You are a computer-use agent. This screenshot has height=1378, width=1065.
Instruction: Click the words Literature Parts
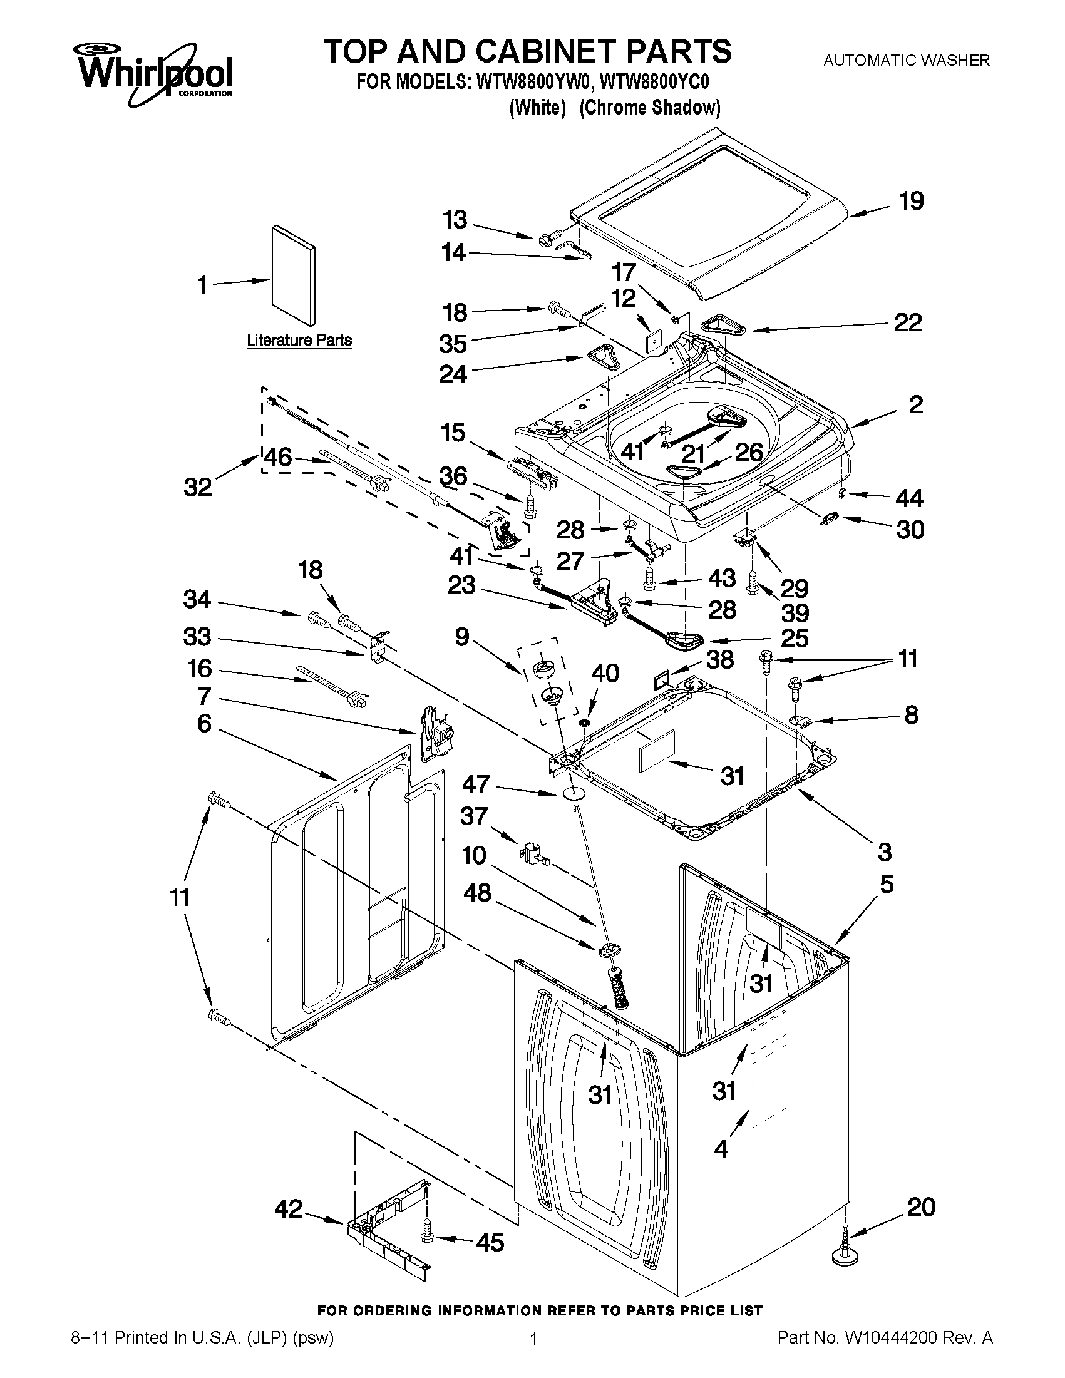pos(299,341)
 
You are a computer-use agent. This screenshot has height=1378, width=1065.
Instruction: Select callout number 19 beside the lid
pos(911,201)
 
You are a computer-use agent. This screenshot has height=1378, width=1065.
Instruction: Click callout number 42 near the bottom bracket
pos(289,1210)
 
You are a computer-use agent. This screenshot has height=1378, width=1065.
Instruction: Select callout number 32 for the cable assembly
pos(198,487)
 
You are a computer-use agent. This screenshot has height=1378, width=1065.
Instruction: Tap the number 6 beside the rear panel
pos(203,724)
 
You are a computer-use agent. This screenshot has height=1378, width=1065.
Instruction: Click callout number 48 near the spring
pos(477,893)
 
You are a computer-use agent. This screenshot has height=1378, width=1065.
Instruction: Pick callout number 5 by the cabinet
pos(887,885)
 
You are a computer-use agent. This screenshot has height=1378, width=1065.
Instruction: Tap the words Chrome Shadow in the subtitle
pos(650,108)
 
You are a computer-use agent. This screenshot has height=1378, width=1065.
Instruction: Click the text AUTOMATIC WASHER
pos(907,61)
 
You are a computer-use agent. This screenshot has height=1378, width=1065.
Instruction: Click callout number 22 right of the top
pos(908,324)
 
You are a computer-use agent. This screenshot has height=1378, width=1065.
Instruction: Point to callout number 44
pos(910,498)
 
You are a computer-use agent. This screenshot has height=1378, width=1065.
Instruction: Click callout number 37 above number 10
pos(474,816)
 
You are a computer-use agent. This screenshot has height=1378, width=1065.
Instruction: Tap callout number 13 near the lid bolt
pos(455,220)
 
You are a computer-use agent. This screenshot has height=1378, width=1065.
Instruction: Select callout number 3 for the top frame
pos(885,852)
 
